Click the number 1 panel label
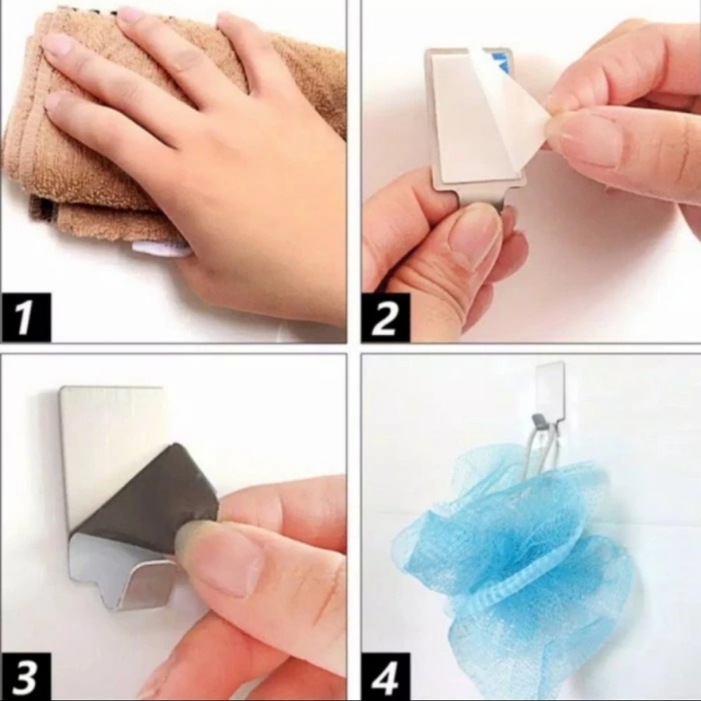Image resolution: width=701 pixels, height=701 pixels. (26, 317)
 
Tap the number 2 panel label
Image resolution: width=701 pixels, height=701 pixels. (386, 317)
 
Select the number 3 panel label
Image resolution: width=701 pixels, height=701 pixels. (26, 676)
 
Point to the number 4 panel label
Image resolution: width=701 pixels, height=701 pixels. (386, 676)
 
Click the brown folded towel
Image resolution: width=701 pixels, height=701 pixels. (90, 134)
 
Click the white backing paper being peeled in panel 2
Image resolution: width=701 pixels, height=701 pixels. (514, 103)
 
